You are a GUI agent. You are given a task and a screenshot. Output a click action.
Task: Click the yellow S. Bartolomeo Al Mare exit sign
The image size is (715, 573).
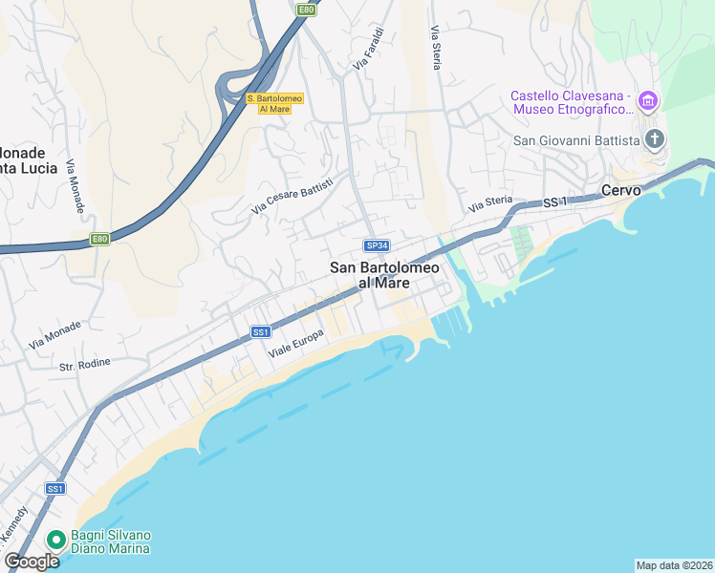click(274, 103)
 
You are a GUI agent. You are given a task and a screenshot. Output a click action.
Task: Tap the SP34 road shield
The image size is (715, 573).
click(377, 246)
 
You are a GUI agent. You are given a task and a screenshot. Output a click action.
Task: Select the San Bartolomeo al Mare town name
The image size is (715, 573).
click(384, 275)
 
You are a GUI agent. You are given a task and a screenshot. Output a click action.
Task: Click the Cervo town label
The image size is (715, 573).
click(620, 190)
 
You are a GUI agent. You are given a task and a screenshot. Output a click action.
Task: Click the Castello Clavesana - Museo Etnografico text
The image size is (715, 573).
click(570, 102)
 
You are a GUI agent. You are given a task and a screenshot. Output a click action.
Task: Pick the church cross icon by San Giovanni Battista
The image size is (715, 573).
click(655, 140)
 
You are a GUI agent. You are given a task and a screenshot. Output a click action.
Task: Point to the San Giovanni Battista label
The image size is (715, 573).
click(576, 141)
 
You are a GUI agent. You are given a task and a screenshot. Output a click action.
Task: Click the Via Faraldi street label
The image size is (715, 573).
click(368, 49)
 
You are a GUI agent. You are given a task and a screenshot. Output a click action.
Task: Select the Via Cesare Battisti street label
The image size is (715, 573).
click(292, 195)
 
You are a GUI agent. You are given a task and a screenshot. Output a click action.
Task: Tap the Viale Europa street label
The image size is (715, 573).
click(296, 345)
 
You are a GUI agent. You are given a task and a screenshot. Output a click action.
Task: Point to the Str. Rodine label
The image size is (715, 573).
click(85, 363)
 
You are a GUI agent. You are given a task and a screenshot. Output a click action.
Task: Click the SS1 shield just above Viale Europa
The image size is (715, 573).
click(261, 331)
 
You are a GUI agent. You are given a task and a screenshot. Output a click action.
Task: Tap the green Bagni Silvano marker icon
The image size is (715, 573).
click(56, 541)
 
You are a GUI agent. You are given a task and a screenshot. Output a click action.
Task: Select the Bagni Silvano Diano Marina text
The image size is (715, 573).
click(110, 541)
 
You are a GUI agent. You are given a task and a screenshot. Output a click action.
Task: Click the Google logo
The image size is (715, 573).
click(32, 562)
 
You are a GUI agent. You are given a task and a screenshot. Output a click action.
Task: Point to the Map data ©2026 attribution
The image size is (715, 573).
click(674, 565)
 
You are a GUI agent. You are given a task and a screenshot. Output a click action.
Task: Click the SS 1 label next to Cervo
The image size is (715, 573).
click(555, 202)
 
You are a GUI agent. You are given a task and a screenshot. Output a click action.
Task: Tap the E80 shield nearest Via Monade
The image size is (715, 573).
click(99, 239)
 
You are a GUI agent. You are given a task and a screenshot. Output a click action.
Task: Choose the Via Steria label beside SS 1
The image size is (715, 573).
click(490, 204)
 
